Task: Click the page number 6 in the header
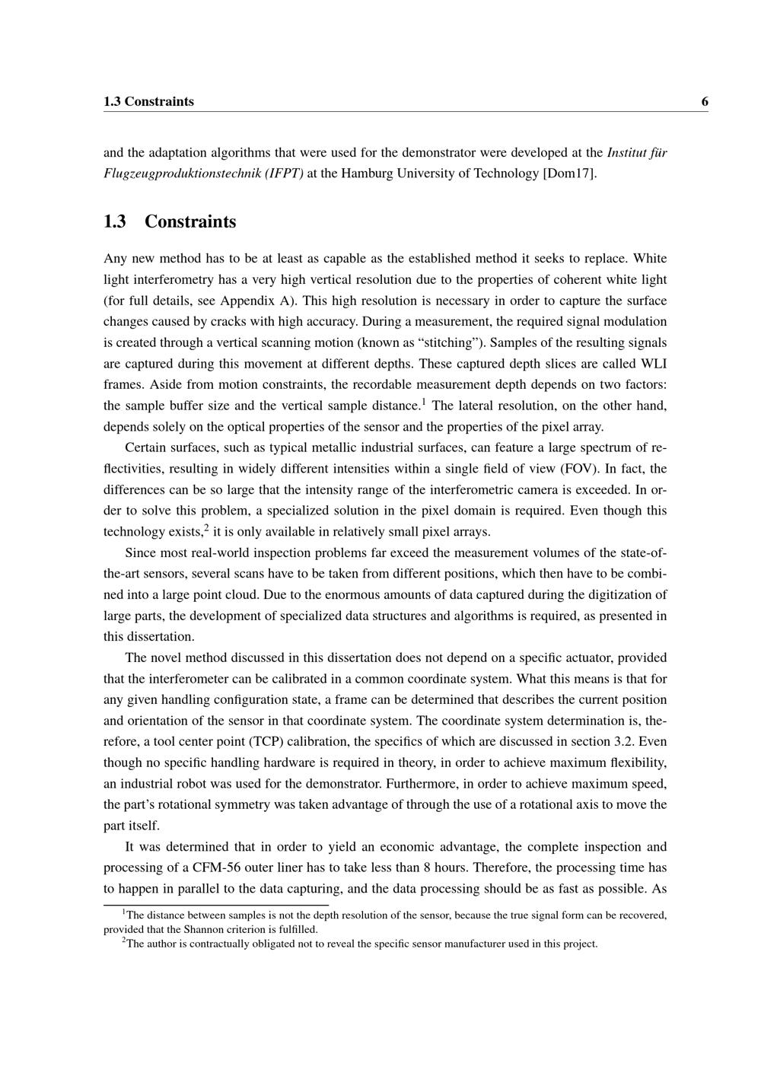(705, 102)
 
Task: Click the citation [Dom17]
(569, 173)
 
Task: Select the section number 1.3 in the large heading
(115, 222)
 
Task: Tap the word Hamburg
(368, 173)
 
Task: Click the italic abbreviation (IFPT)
(285, 173)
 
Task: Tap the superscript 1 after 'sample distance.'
(424, 401)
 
